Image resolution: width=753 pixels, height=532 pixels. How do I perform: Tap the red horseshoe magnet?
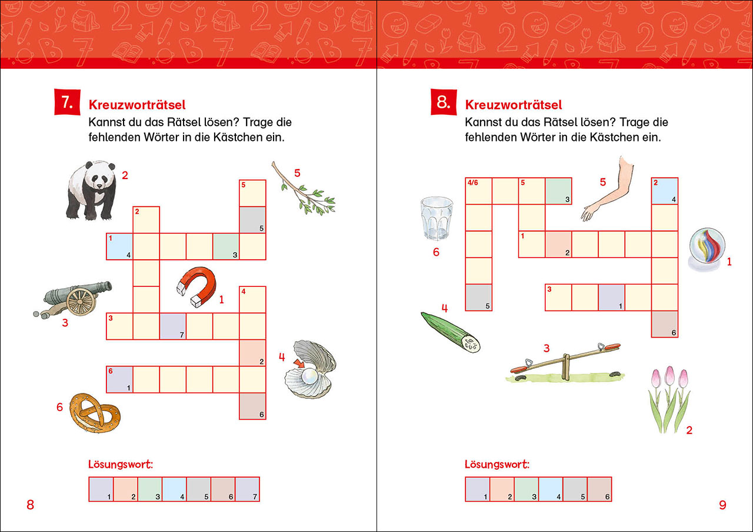pos(197,286)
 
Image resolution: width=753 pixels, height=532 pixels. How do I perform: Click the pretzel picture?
pos(95,413)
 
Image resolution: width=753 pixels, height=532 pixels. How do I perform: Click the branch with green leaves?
pos(304,189)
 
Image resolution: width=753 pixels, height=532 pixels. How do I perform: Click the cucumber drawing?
pos(451,332)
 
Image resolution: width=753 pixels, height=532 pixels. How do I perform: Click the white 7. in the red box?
pos(66,103)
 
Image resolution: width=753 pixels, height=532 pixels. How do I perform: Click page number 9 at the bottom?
pos(723,505)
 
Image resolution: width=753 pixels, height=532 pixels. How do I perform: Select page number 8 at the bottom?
pos(31,505)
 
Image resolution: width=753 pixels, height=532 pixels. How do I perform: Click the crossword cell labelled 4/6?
pos(478,191)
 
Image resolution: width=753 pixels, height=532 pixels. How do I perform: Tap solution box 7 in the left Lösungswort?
pos(248,489)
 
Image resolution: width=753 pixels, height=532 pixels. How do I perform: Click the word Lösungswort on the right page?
pos(497,464)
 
